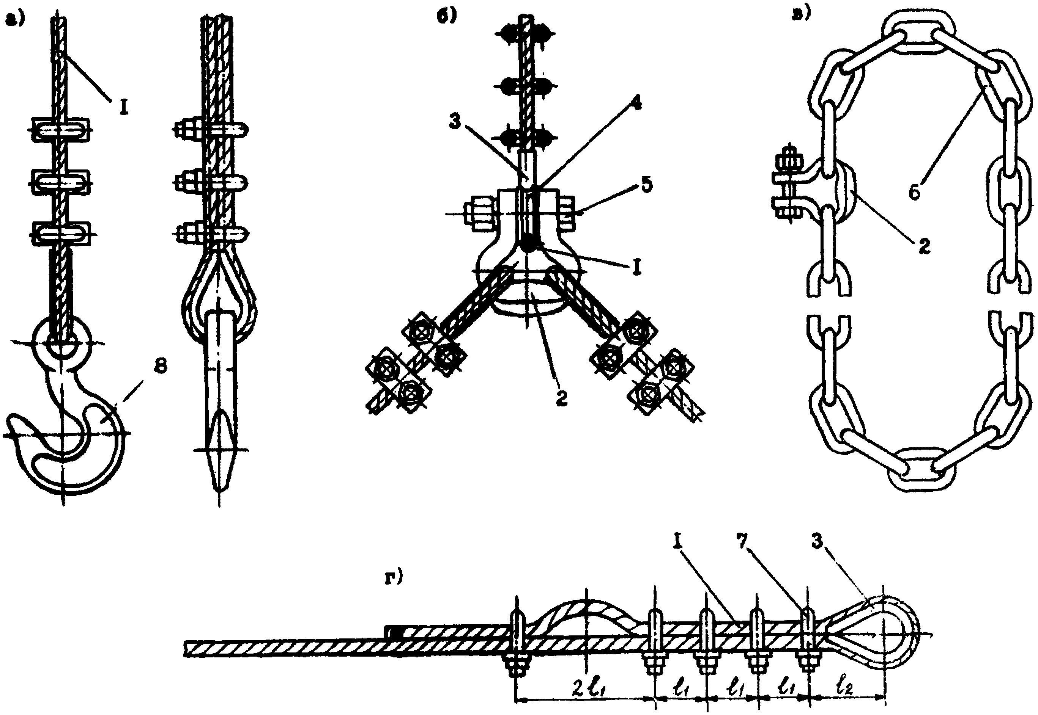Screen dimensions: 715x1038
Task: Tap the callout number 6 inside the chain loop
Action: (915, 192)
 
